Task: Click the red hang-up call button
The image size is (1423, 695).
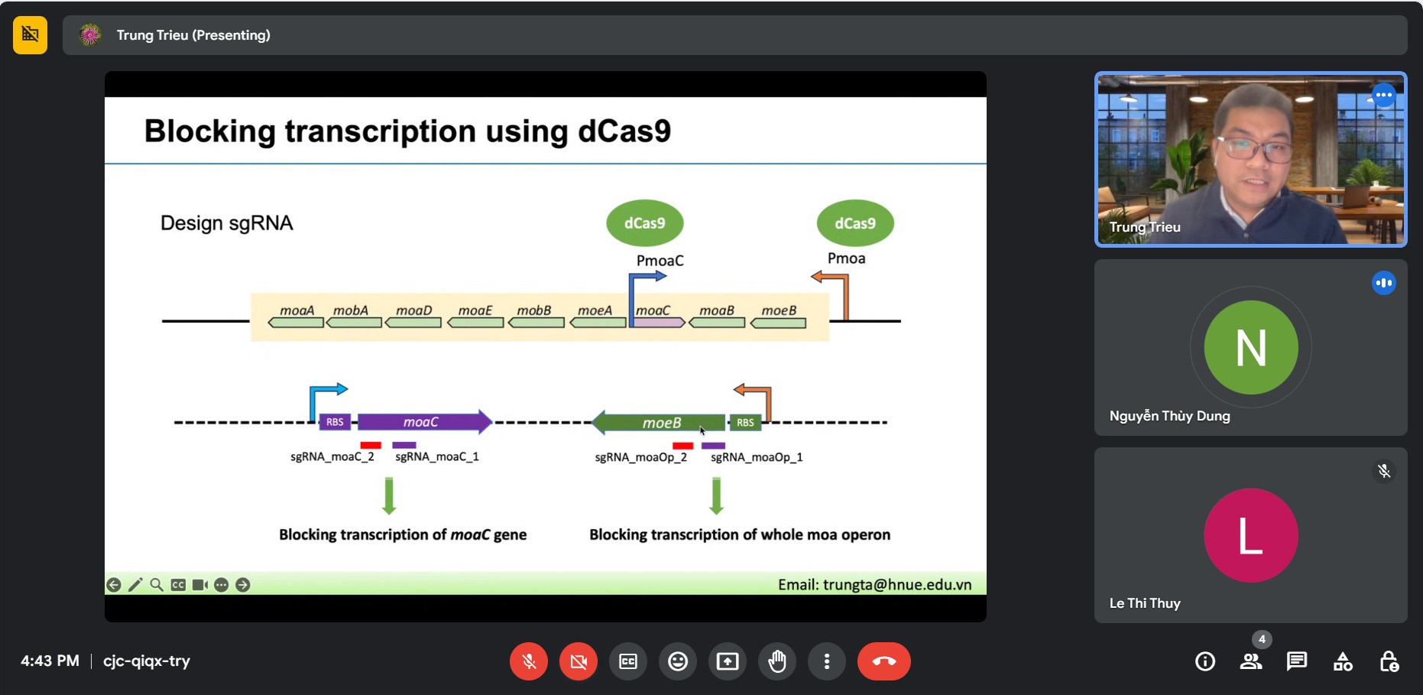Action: (x=883, y=661)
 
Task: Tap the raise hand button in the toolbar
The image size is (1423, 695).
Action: (x=777, y=661)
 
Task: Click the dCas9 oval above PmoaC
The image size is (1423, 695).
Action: (x=645, y=223)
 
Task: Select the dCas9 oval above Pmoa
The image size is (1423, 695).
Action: (x=855, y=223)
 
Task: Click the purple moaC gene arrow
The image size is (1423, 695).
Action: (x=425, y=422)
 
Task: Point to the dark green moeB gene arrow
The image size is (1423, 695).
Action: (x=659, y=422)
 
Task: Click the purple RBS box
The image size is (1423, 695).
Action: (x=335, y=422)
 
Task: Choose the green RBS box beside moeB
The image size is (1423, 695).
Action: (x=745, y=422)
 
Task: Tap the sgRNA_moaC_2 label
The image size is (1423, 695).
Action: (x=332, y=456)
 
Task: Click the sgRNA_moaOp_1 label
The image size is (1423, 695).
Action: (x=757, y=457)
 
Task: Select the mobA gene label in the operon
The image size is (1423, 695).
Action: (x=351, y=310)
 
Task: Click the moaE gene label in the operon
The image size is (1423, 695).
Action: (x=475, y=310)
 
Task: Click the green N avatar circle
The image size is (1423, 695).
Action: (x=1251, y=347)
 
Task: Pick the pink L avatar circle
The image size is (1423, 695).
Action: (x=1251, y=535)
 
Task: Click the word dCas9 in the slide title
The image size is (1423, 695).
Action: (x=624, y=131)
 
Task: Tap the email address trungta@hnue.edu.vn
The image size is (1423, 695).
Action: (x=897, y=585)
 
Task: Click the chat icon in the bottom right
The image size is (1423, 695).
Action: (x=1297, y=661)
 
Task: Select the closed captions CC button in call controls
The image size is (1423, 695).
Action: (x=628, y=661)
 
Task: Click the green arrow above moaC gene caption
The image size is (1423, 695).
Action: (x=389, y=495)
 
